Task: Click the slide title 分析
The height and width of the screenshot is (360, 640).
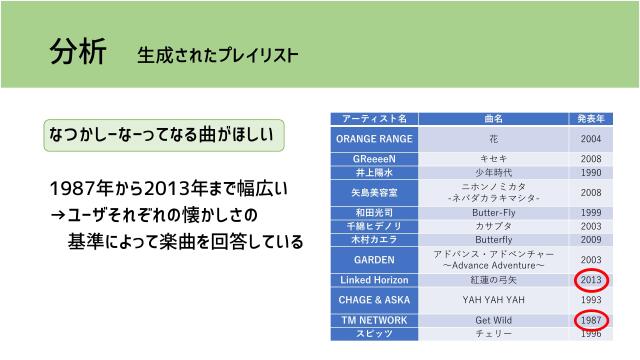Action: [x=75, y=52]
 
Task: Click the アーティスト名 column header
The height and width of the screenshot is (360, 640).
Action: [x=374, y=119]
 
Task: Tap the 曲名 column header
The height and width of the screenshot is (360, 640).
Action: [x=493, y=119]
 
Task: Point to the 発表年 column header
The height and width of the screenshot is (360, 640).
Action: [x=590, y=119]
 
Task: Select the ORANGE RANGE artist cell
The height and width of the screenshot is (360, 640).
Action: [x=374, y=139]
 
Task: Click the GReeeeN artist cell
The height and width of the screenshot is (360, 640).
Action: [x=374, y=159]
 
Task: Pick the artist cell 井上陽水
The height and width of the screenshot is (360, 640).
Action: [x=374, y=172]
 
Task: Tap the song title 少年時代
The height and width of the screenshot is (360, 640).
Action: [x=493, y=172]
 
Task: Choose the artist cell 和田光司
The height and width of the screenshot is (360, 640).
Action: [x=374, y=213]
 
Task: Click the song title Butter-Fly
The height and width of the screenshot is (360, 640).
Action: [x=493, y=213]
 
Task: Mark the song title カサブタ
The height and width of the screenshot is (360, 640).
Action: [x=493, y=227]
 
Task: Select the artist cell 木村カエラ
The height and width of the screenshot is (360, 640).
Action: [x=374, y=240]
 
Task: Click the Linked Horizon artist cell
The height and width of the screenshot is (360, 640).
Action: [x=374, y=280]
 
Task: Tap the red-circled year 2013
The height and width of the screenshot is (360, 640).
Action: [x=590, y=280]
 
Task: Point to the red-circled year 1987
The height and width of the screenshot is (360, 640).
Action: [x=590, y=320]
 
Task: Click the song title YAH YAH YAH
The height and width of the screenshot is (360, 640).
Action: [x=493, y=300]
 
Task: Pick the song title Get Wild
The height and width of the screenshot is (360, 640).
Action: [x=493, y=320]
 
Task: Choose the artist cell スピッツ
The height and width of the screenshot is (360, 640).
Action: [x=374, y=333]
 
